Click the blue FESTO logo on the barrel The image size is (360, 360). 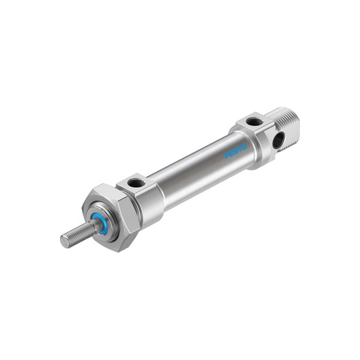pos(236,153)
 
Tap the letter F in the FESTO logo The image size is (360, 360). pos(227,157)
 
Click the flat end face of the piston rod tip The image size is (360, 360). pos(64,241)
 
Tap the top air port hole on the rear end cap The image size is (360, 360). pos(254,121)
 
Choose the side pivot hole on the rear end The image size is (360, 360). pos(278,140)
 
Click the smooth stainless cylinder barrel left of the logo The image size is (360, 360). pos(192,174)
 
